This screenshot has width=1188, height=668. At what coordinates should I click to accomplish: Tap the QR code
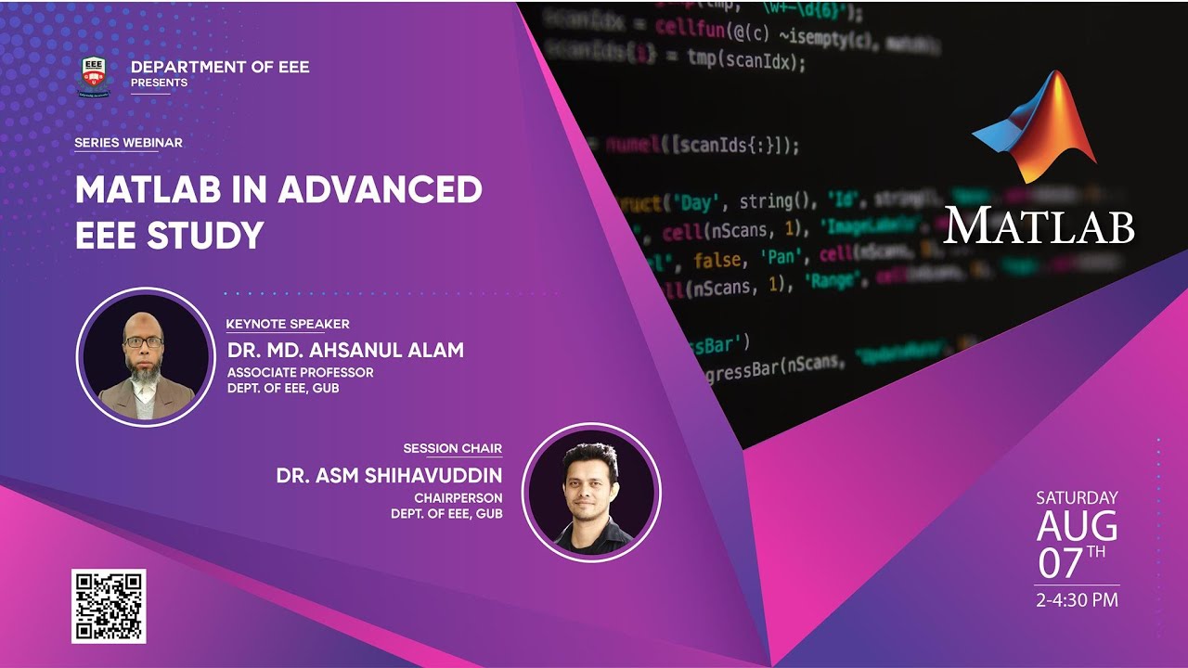click(109, 606)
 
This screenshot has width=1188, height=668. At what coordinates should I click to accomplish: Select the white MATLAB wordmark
click(1039, 225)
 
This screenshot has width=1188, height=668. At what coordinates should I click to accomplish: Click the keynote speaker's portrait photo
click(145, 357)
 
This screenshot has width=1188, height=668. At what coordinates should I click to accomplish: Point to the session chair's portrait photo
click(591, 493)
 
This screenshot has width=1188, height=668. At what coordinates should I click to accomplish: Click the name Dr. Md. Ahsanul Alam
click(345, 350)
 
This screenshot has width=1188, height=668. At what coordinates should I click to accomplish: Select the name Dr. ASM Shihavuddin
click(389, 476)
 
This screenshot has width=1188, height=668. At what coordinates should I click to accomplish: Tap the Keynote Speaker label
click(288, 324)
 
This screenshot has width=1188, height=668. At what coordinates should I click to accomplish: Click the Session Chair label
click(452, 448)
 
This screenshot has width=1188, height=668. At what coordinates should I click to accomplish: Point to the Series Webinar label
click(128, 143)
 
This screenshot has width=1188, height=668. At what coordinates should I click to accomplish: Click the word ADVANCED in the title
click(380, 190)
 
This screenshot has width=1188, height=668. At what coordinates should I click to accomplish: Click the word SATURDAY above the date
click(1077, 498)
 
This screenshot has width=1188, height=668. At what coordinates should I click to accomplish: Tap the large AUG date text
click(1077, 526)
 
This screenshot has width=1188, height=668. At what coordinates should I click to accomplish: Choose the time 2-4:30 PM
click(1077, 600)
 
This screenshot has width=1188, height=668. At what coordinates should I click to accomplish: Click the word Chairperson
click(458, 497)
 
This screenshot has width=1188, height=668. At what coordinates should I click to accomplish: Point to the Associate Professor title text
click(301, 372)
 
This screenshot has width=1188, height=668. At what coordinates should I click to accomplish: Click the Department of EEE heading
click(220, 67)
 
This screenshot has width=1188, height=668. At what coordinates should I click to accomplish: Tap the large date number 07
click(1061, 563)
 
